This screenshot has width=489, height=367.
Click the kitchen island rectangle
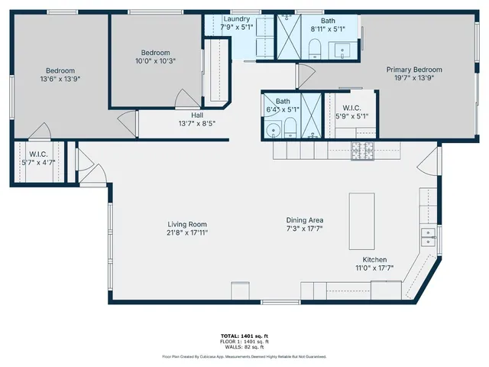pyautogui.click(x=361, y=221)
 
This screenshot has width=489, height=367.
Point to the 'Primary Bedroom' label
pyautogui.click(x=413, y=70)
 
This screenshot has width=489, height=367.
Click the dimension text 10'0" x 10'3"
pyautogui.click(x=156, y=61)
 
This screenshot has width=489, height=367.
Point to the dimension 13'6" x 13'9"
pyautogui.click(x=59, y=78)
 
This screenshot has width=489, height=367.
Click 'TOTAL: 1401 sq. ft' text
pyautogui.click(x=244, y=336)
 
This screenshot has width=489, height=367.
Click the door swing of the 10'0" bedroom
pyautogui.click(x=186, y=98)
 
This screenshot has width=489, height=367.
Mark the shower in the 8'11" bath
pyautogui.click(x=288, y=36)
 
